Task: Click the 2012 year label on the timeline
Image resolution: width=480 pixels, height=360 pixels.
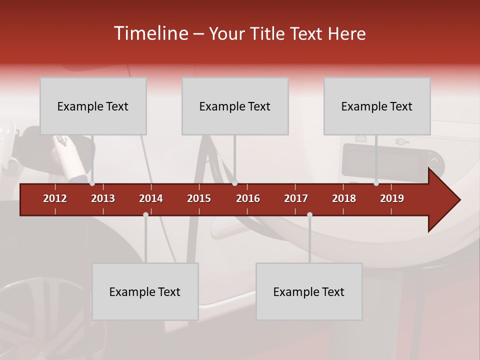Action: (x=55, y=198)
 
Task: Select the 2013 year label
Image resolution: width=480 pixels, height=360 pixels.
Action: (x=103, y=198)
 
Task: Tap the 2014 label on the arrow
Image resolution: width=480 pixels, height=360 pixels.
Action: (x=151, y=198)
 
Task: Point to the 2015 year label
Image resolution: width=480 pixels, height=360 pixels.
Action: (x=199, y=198)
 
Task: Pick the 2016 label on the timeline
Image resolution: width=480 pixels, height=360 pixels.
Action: (x=248, y=198)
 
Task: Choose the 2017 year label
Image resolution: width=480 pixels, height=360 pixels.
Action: (x=296, y=198)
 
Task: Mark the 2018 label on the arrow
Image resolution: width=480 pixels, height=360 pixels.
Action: (x=344, y=198)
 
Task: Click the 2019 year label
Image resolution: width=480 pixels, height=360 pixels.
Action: (x=392, y=198)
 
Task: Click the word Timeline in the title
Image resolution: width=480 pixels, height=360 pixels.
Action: (x=150, y=33)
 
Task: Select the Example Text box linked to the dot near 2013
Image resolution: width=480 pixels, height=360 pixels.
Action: (x=93, y=106)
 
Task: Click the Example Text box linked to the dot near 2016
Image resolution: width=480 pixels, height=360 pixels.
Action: (x=235, y=106)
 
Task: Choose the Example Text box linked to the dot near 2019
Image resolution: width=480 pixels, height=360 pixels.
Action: (x=377, y=106)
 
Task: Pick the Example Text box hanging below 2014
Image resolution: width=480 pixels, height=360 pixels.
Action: (x=145, y=291)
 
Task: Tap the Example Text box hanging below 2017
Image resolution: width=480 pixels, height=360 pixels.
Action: (x=309, y=291)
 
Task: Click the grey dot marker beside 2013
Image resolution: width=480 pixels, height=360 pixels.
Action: (x=92, y=183)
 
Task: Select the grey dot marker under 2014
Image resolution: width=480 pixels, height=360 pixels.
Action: (x=145, y=215)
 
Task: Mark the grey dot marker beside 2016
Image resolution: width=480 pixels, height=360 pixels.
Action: (x=235, y=183)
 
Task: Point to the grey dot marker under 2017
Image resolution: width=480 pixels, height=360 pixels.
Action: (x=309, y=215)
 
